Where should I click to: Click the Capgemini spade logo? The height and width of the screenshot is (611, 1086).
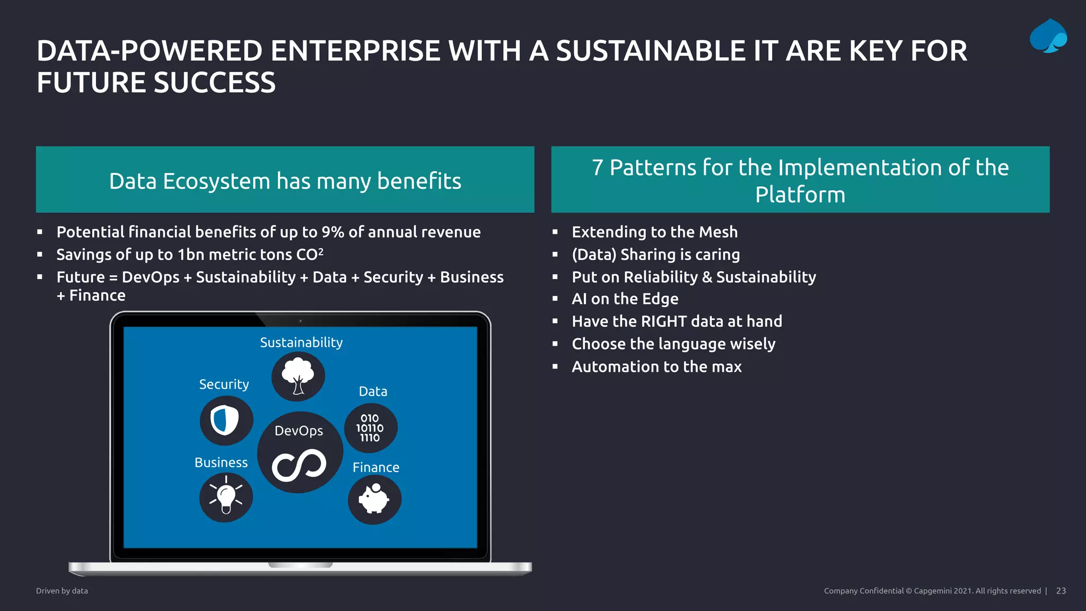(x=1048, y=36)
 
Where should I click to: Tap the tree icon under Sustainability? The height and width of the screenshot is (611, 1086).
(x=298, y=376)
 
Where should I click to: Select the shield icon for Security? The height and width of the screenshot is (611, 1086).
(x=225, y=421)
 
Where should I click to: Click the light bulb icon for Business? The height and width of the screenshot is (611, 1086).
(x=226, y=497)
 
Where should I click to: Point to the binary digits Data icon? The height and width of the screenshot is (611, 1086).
(x=370, y=428)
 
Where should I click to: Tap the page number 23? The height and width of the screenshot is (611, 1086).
(x=1061, y=591)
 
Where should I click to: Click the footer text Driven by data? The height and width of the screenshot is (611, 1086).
(x=62, y=591)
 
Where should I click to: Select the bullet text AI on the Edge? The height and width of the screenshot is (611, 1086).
(x=625, y=299)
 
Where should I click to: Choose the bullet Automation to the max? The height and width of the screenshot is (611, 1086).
(x=656, y=366)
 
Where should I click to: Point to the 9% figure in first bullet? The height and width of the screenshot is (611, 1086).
(x=332, y=232)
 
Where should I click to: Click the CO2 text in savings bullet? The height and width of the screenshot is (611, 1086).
(x=310, y=255)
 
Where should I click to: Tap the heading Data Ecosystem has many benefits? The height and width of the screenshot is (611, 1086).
(x=285, y=181)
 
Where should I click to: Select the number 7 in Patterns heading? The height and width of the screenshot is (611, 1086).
(x=598, y=168)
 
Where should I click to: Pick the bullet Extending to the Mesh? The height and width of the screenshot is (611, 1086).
(x=654, y=232)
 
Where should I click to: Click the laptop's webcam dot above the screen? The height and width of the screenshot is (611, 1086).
(x=300, y=321)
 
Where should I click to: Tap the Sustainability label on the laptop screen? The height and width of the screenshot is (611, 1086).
(x=301, y=343)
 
